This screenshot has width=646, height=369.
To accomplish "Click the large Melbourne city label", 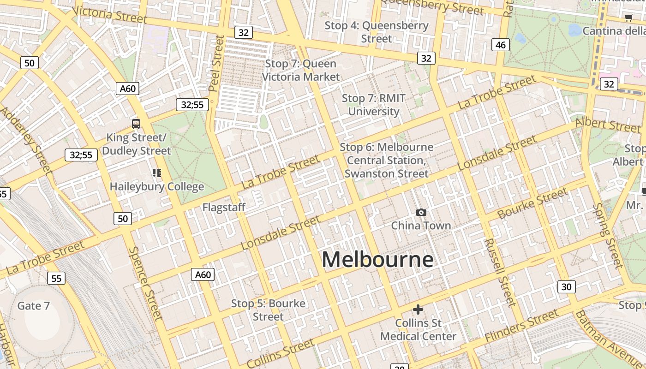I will click(377, 260).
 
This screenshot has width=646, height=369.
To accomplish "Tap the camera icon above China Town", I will click(421, 213).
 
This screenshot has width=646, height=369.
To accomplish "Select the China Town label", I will click(421, 226).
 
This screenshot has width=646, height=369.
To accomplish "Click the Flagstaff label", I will click(224, 208).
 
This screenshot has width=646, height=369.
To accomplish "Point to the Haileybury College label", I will click(157, 187).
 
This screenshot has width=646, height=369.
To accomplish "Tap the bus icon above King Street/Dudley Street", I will click(136, 124).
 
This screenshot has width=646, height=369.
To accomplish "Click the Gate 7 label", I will click(33, 306).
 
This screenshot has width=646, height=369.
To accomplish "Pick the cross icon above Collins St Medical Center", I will click(418, 309).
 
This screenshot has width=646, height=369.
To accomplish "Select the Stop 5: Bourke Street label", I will click(268, 310).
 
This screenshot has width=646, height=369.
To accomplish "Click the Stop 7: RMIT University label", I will click(374, 105).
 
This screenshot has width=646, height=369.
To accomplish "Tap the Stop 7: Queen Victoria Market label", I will click(301, 70).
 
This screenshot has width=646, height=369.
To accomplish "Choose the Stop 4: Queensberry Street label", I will click(377, 32).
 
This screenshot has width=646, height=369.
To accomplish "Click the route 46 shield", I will click(501, 45).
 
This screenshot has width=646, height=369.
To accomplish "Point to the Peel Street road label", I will click(216, 62).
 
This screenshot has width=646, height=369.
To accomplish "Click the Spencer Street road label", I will click(145, 283).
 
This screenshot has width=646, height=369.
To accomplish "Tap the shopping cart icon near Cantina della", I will click(628, 18).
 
